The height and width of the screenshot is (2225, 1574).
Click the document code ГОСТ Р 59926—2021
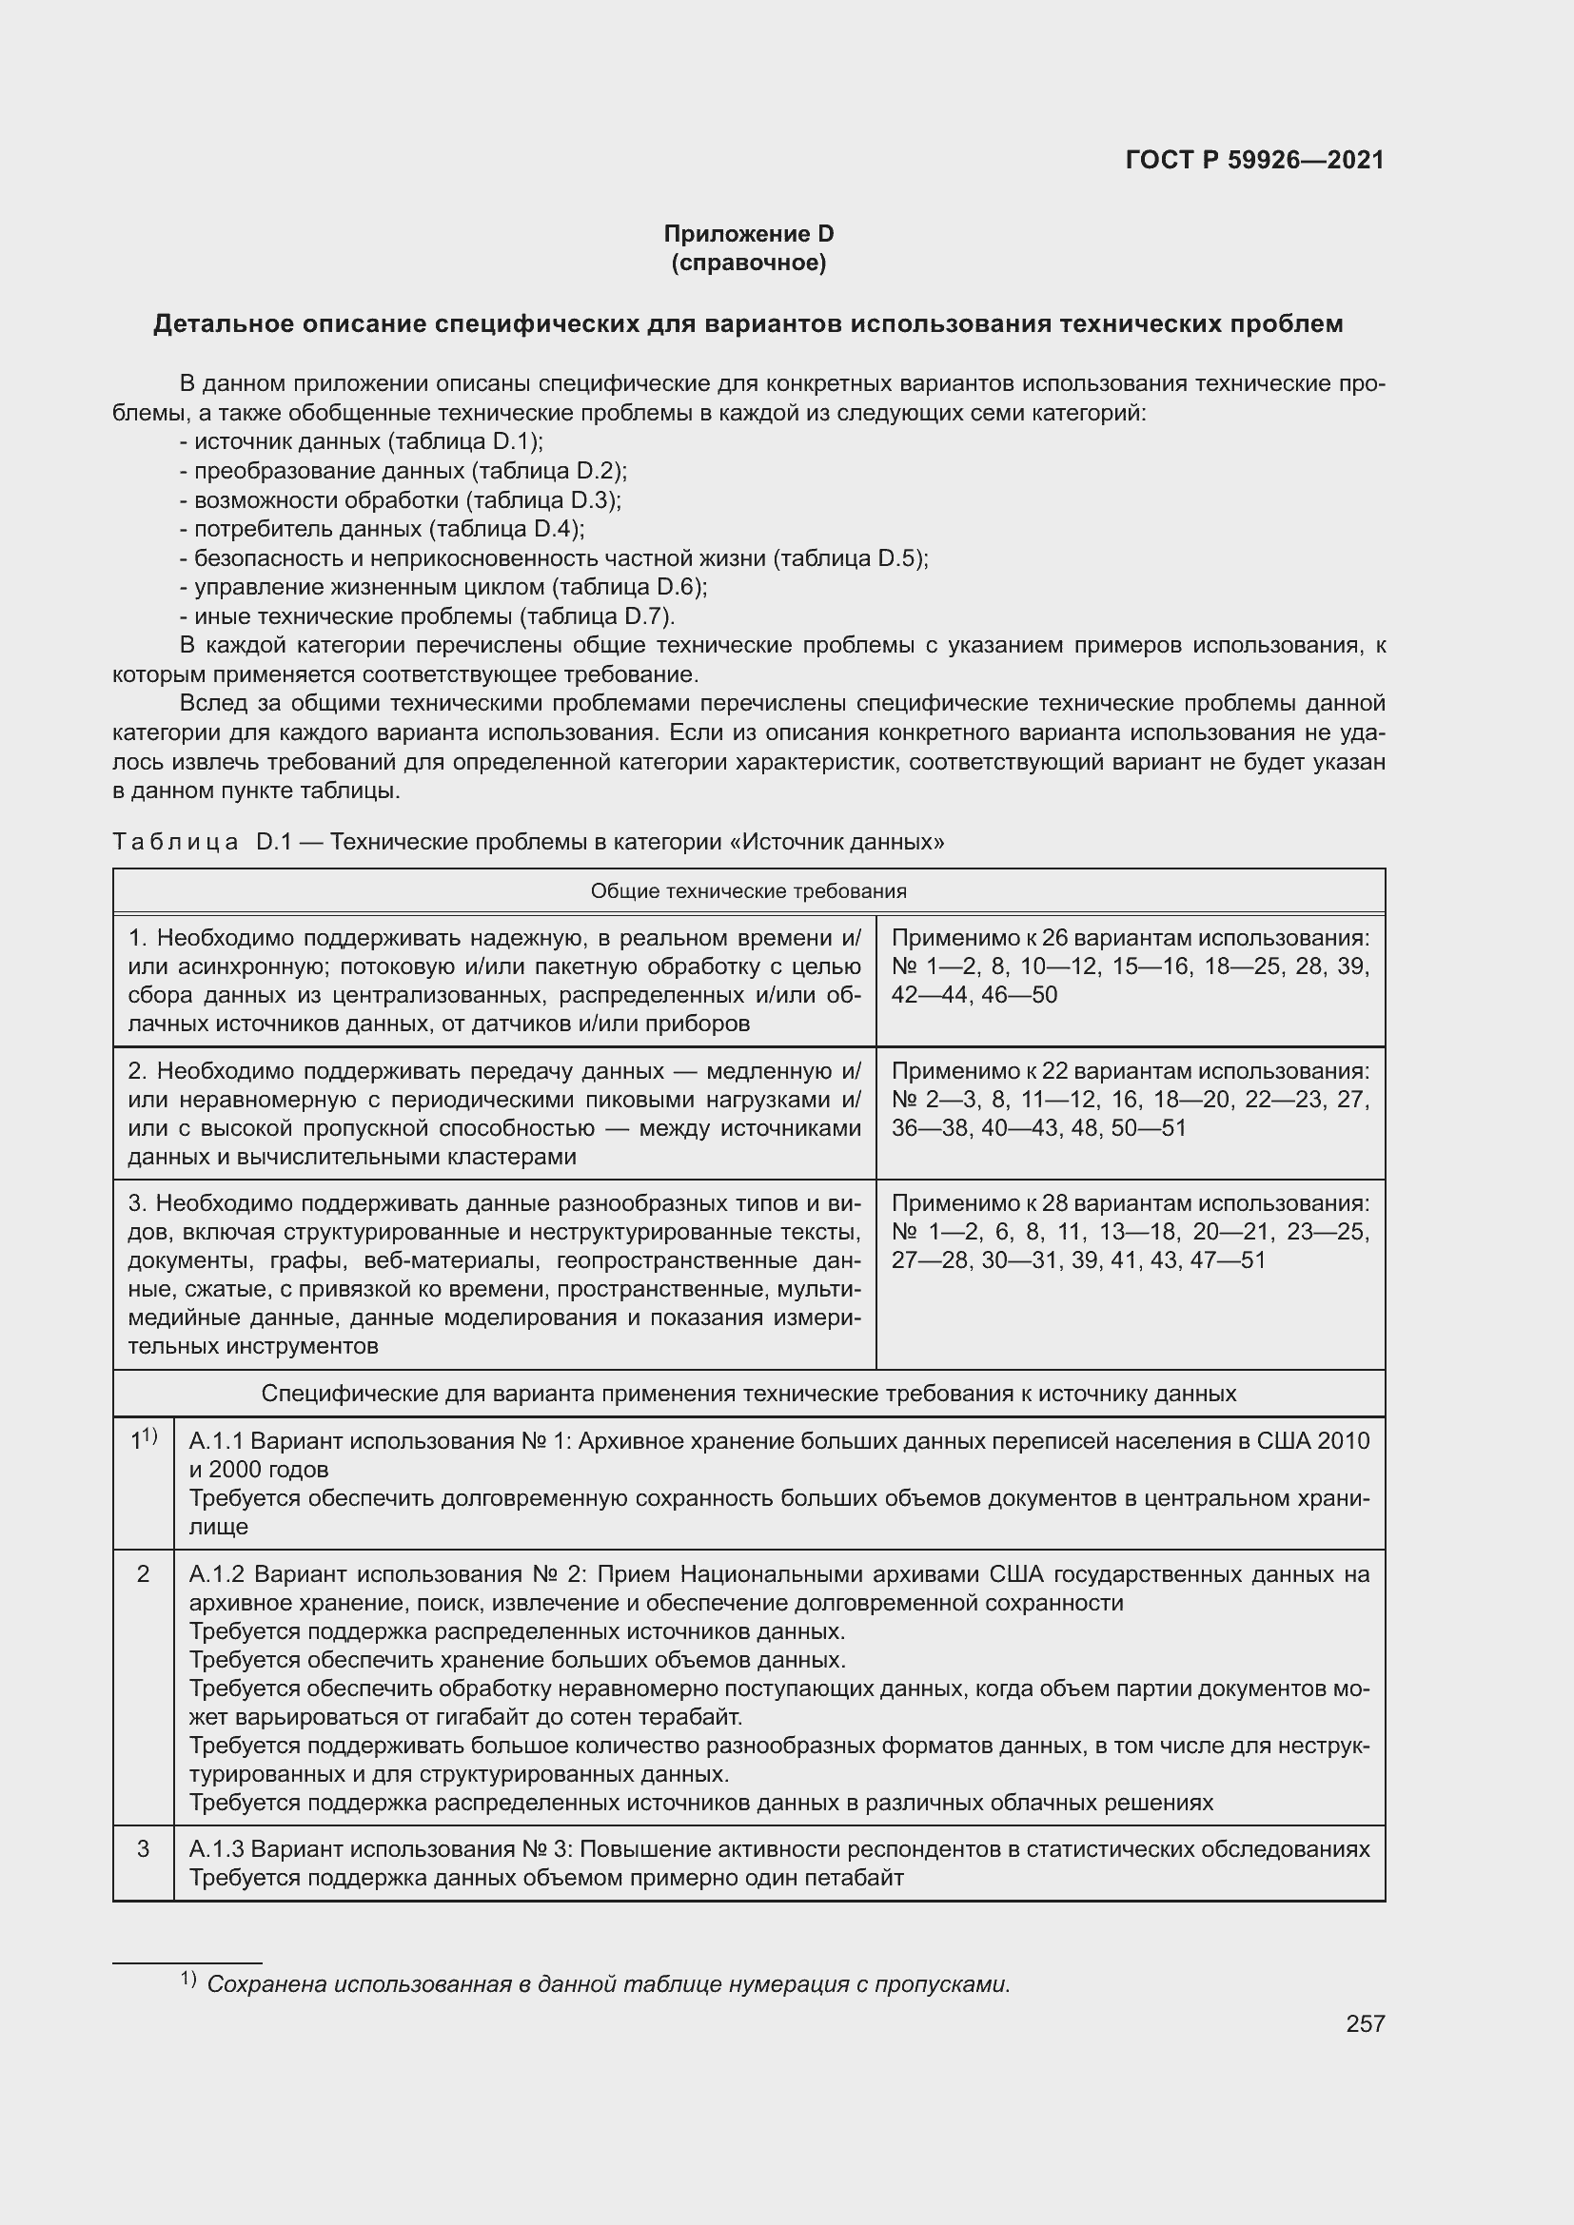tap(1254, 160)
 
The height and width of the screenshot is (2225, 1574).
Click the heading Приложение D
tap(748, 234)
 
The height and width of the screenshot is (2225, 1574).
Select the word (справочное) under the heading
tap(748, 263)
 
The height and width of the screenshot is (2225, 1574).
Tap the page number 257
tap(1365, 2023)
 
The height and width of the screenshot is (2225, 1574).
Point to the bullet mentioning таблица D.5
tap(554, 558)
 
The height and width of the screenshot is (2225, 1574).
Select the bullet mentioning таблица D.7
tap(426, 616)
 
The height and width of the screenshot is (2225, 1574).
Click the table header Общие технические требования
tap(748, 890)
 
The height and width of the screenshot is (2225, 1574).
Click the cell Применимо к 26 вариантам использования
tap(1130, 938)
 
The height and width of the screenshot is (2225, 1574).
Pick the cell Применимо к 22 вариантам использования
tap(1130, 1071)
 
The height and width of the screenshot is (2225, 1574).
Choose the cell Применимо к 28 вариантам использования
tap(1130, 1202)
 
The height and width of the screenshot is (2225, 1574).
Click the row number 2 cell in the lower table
tap(144, 1574)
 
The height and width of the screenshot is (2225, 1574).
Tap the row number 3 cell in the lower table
tap(144, 1849)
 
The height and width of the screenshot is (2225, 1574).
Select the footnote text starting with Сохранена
tap(608, 1983)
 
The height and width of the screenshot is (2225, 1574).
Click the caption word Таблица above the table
tap(175, 842)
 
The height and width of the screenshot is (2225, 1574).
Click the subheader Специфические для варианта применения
tap(748, 1394)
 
